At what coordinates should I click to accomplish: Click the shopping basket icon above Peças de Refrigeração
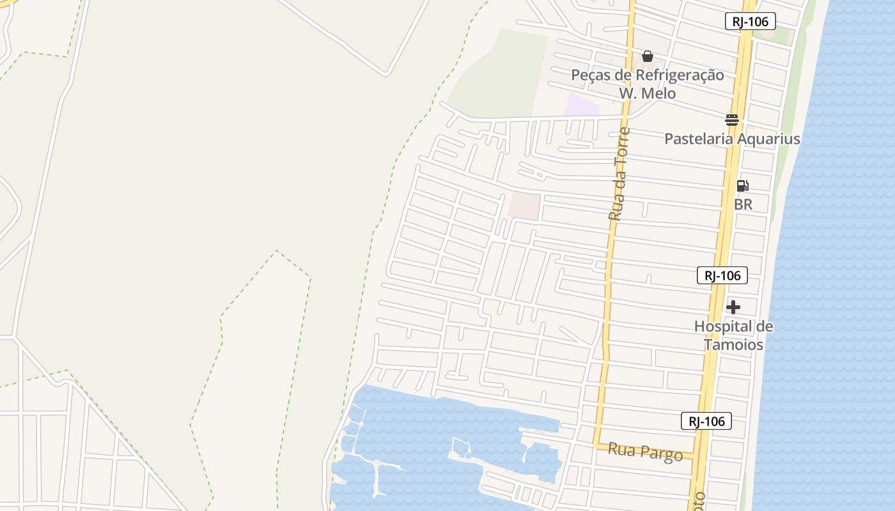pyautogui.click(x=648, y=56)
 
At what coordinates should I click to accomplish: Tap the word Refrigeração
pyautogui.click(x=680, y=75)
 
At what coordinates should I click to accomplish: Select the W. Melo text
pyautogui.click(x=647, y=93)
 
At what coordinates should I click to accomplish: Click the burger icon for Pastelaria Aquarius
pyautogui.click(x=732, y=119)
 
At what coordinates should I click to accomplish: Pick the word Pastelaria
pyautogui.click(x=699, y=139)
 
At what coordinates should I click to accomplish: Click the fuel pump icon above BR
pyautogui.click(x=742, y=186)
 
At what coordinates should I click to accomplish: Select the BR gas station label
pyautogui.click(x=743, y=204)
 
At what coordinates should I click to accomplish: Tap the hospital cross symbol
pyautogui.click(x=733, y=307)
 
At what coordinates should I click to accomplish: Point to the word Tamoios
pyautogui.click(x=734, y=345)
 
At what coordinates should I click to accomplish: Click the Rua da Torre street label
pyautogui.click(x=619, y=174)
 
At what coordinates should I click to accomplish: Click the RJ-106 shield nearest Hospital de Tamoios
pyautogui.click(x=722, y=275)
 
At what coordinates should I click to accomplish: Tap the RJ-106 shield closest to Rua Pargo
pyautogui.click(x=706, y=421)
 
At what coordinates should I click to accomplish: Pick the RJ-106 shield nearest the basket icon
pyautogui.click(x=750, y=21)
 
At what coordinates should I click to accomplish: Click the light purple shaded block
pyautogui.click(x=581, y=105)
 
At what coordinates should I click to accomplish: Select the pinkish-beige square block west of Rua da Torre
pyautogui.click(x=524, y=206)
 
